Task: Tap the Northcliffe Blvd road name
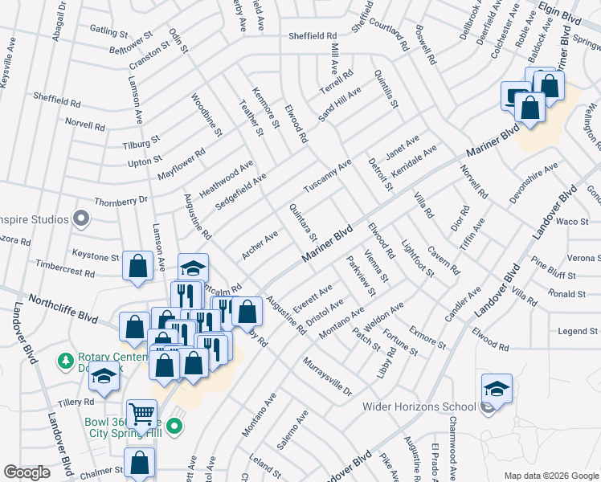tap(63, 308)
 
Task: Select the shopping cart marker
tap(141, 415)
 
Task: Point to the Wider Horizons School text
tap(423, 406)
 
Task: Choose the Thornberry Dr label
tap(122, 200)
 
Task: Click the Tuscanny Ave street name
tap(328, 175)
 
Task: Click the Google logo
tap(27, 472)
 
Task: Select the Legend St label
tap(579, 331)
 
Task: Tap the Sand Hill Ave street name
tap(340, 104)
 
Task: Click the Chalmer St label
tap(101, 472)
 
